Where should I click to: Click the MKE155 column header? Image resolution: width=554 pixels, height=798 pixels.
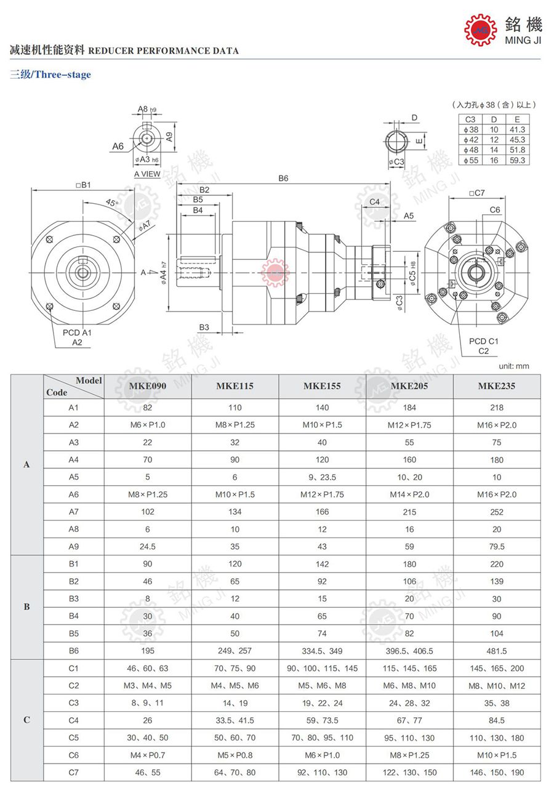click(322, 386)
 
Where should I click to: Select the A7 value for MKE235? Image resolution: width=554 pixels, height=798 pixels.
click(497, 512)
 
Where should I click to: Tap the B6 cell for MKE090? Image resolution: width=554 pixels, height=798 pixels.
click(148, 651)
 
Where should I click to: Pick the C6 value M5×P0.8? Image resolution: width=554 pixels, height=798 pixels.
click(235, 755)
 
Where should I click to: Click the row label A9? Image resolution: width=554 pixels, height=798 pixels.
click(74, 546)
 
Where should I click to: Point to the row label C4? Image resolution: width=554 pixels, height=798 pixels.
click(74, 720)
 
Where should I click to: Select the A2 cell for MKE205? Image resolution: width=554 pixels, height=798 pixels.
click(409, 425)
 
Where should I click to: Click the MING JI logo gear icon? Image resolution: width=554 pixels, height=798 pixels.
click(480, 30)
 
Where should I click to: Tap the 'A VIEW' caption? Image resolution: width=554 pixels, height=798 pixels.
click(147, 174)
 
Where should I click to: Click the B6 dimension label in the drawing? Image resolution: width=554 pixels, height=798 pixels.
click(283, 178)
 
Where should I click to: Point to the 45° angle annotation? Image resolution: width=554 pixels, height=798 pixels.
click(111, 203)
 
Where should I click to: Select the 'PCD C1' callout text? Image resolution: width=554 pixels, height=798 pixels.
click(483, 341)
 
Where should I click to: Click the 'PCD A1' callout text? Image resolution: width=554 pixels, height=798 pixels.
click(77, 332)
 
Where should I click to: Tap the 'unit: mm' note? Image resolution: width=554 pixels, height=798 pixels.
click(513, 366)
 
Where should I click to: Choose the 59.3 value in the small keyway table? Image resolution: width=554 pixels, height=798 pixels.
click(517, 160)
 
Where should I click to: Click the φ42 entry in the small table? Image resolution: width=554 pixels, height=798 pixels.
click(471, 140)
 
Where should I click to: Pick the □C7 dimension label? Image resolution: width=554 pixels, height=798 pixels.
click(476, 193)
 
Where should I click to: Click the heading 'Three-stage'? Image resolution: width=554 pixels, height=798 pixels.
click(62, 75)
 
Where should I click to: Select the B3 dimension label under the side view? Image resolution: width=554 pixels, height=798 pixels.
click(204, 327)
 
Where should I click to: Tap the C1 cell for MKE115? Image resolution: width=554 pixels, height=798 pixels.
click(235, 668)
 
